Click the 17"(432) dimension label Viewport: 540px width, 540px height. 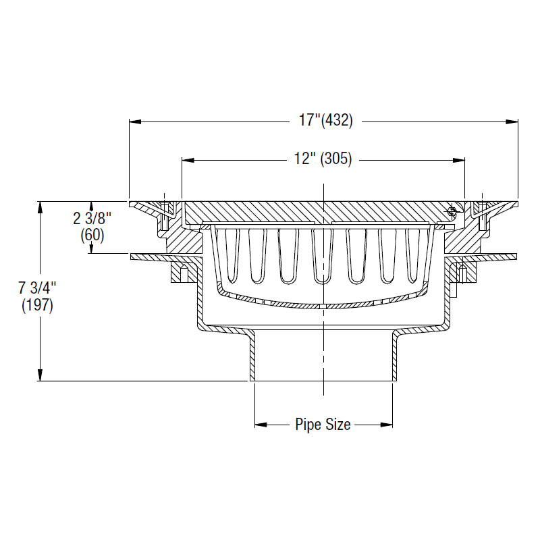[326, 122]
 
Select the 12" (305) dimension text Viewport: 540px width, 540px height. [323, 161]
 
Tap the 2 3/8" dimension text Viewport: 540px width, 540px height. [91, 218]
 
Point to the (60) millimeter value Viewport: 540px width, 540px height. [92, 236]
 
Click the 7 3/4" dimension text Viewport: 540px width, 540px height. [38, 288]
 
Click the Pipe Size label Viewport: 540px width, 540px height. [323, 425]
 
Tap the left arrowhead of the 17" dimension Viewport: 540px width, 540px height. [134, 122]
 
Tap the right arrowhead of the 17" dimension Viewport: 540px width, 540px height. [513, 122]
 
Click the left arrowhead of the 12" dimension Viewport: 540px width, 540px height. [187, 161]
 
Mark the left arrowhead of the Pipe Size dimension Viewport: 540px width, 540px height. [260, 425]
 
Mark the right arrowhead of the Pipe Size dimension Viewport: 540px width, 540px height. [387, 425]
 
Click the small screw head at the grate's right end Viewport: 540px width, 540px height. [451, 212]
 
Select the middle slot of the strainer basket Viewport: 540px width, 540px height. [321, 255]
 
